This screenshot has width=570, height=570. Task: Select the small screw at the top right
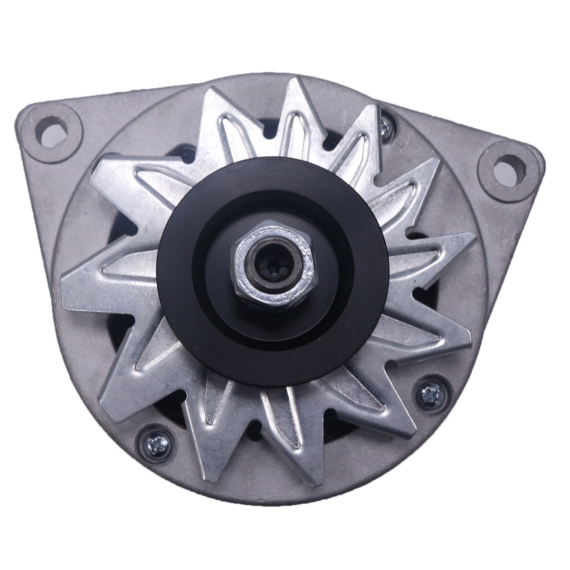[x=386, y=124]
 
